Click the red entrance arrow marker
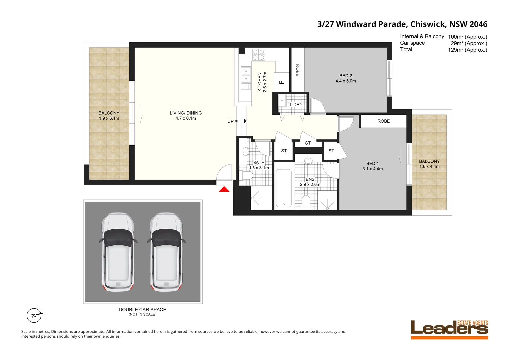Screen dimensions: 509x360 (224, 189)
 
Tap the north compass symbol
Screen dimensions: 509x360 (34, 315)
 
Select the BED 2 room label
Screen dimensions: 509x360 (346, 76)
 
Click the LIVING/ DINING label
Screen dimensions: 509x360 (186, 113)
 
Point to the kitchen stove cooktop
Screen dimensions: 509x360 (258, 55)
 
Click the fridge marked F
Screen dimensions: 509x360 (282, 82)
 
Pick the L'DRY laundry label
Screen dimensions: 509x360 (296, 105)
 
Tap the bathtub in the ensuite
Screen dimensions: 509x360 (284, 188)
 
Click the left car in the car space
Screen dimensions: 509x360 (118, 252)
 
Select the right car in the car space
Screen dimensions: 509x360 (166, 252)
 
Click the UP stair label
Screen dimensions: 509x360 (230, 121)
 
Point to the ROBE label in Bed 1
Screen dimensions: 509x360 (383, 121)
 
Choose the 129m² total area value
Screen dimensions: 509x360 (467, 50)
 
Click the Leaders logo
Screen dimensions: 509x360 (449, 330)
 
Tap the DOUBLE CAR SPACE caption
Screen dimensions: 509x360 (142, 310)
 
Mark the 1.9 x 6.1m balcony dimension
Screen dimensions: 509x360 (109, 118)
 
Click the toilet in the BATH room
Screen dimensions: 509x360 (246, 175)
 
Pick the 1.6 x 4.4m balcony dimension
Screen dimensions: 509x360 (429, 166)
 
